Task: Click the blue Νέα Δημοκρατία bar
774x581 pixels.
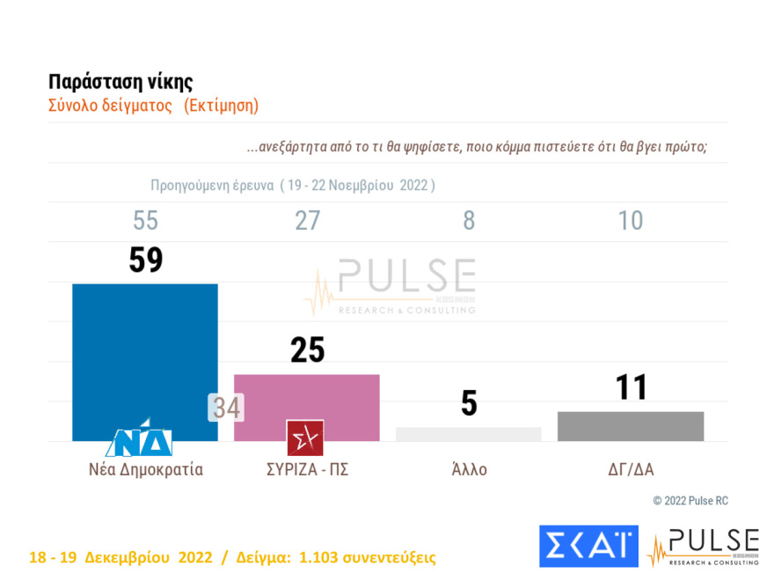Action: pyautogui.click(x=145, y=352)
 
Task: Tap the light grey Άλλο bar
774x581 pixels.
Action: pyautogui.click(x=468, y=434)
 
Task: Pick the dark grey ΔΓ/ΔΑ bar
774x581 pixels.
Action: pyautogui.click(x=630, y=426)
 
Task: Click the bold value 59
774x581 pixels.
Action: pyautogui.click(x=146, y=260)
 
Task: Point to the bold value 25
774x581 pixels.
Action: pyautogui.click(x=307, y=350)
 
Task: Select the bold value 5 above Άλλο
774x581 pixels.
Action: pyautogui.click(x=469, y=403)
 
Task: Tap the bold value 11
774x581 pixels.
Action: pyautogui.click(x=631, y=387)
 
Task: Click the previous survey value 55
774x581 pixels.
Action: pyautogui.click(x=146, y=220)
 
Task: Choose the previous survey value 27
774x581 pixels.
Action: pyautogui.click(x=307, y=220)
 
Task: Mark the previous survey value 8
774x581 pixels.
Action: pyautogui.click(x=469, y=220)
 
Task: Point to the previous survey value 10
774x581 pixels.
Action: pyautogui.click(x=631, y=220)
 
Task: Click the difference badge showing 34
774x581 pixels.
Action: pyautogui.click(x=226, y=408)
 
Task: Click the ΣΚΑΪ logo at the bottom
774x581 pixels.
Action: pyautogui.click(x=588, y=547)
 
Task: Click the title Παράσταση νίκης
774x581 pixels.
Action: pyautogui.click(x=120, y=83)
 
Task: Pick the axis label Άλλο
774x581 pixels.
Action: pyautogui.click(x=468, y=469)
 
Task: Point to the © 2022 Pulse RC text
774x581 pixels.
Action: pyautogui.click(x=690, y=501)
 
